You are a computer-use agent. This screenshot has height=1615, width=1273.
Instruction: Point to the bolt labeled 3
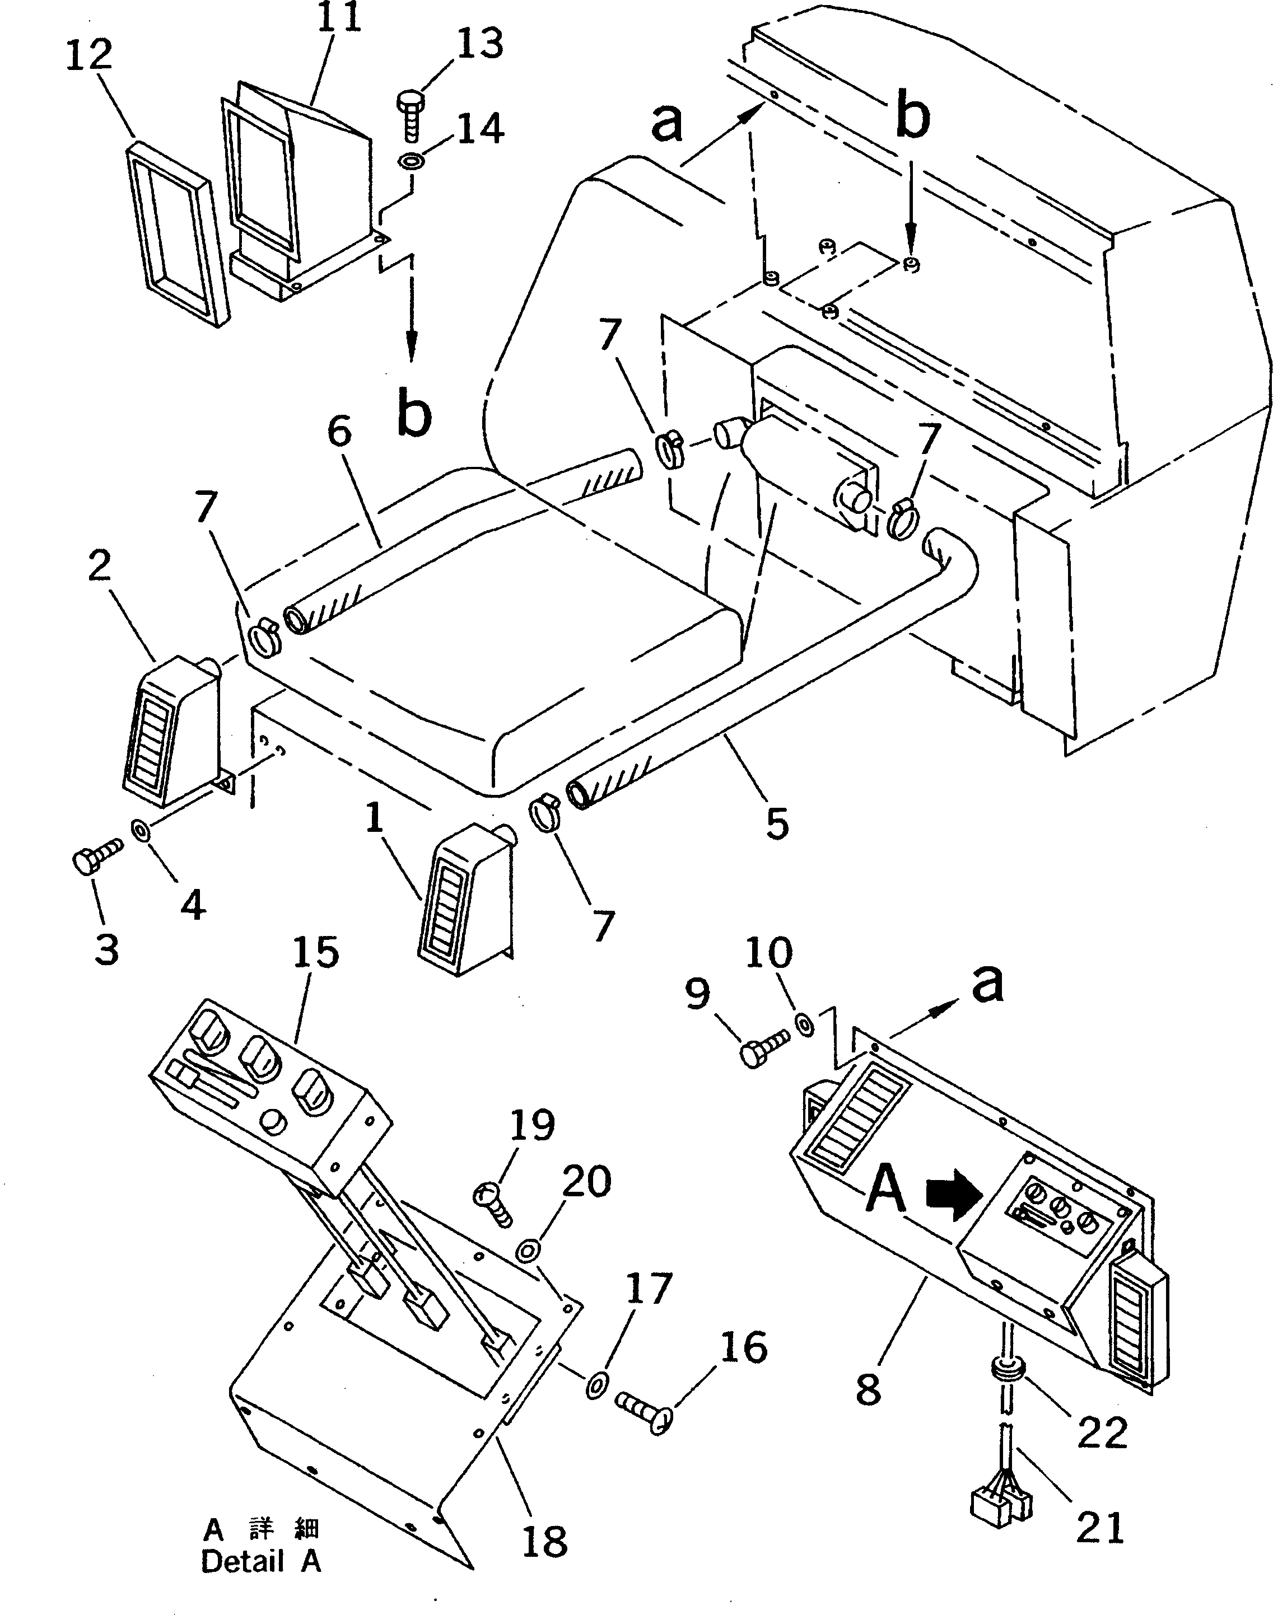click(95, 859)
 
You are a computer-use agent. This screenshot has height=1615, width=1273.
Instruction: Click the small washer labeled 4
click(139, 829)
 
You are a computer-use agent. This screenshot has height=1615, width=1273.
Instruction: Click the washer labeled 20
click(528, 1250)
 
